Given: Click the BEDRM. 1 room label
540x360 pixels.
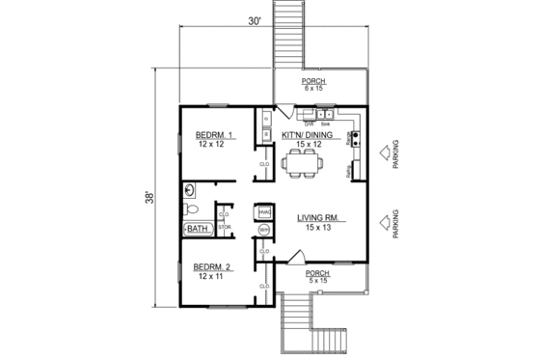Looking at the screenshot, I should coord(211,134).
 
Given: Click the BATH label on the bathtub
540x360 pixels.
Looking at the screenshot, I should coord(198,229).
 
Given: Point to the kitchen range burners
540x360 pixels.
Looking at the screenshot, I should coord(358,139).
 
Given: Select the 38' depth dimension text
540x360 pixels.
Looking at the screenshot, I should coord(150,197).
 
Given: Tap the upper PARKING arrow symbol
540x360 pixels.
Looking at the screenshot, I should coord(383,152).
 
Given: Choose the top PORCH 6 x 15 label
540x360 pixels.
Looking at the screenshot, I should coord(314,85).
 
